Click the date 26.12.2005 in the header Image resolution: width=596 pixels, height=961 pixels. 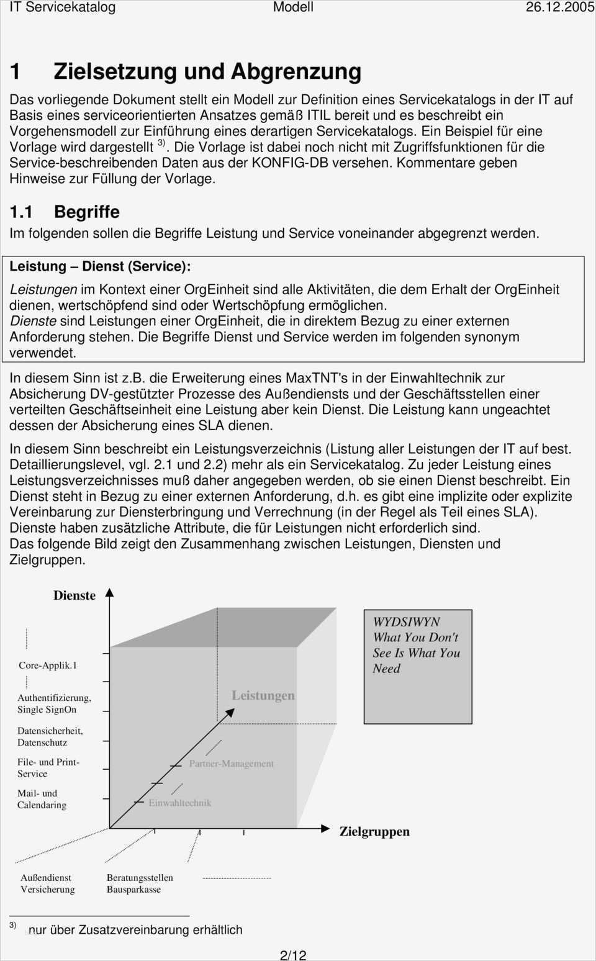point(559,7)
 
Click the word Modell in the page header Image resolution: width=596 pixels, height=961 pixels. point(293,7)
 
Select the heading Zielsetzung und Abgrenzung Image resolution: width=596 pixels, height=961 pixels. point(207,71)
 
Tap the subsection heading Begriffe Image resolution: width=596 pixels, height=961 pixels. point(87,212)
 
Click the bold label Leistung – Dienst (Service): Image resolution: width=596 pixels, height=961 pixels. point(100,266)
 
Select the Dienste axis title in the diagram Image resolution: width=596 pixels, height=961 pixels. point(74,595)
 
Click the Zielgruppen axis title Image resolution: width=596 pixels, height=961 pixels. point(374,832)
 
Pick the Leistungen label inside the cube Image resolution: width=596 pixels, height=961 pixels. point(263,695)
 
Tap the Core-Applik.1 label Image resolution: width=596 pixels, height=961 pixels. point(48,665)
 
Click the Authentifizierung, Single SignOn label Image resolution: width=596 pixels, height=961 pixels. point(54,704)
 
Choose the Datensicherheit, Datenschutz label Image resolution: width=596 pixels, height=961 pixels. point(50,737)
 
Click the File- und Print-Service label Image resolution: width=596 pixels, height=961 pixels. point(48,768)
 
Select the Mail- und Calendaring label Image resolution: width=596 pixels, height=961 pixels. point(42,799)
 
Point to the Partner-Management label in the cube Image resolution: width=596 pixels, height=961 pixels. point(232,764)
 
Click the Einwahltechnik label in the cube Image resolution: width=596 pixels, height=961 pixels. point(180,803)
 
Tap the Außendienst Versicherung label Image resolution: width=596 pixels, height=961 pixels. point(47,883)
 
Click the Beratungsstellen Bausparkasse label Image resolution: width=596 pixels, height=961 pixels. point(140,883)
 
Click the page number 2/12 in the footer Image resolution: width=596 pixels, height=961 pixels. point(293,955)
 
